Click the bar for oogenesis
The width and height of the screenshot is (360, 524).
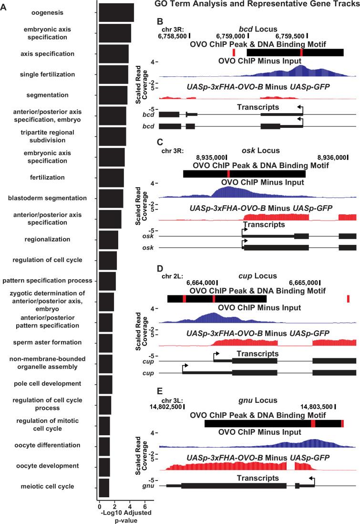tap(116, 12)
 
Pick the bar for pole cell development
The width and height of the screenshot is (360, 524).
tap(105, 384)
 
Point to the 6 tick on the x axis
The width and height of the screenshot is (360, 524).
tap(145, 506)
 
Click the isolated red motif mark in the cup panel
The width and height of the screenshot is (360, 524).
tap(349, 299)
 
